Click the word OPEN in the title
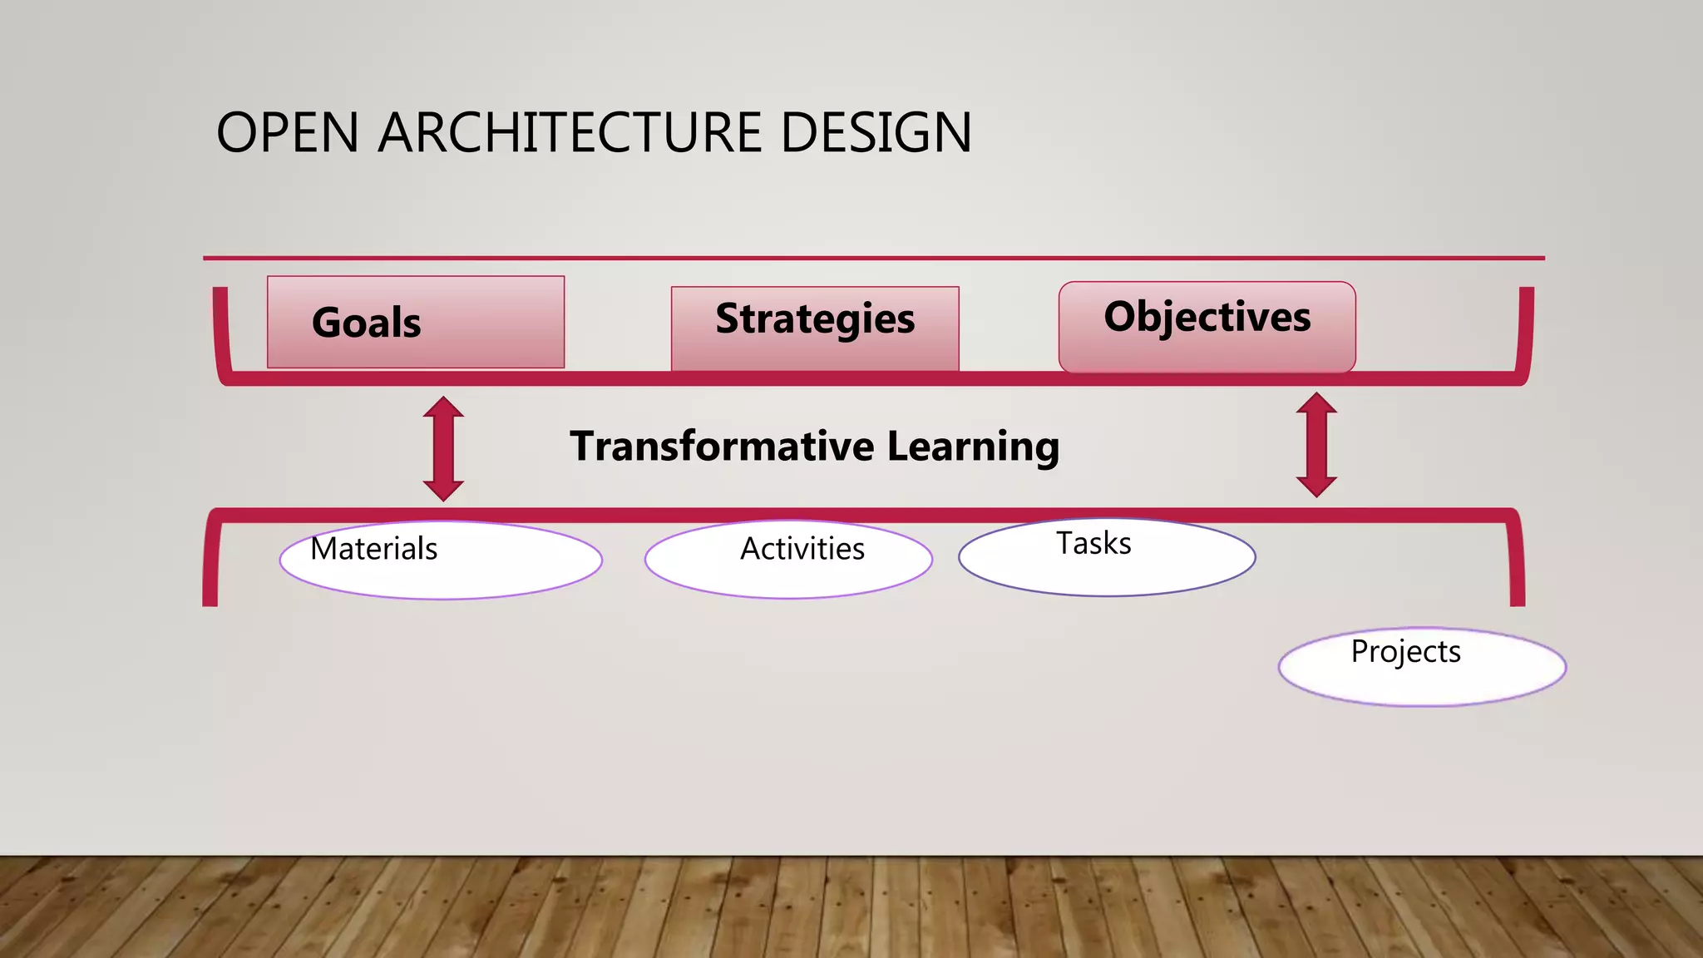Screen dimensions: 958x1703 (287, 133)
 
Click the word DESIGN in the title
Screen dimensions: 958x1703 (876, 133)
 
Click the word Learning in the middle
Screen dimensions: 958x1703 (973, 447)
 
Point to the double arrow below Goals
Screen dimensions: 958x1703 (443, 448)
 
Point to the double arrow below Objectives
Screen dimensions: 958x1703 (1316, 445)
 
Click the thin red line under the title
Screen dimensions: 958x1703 (873, 259)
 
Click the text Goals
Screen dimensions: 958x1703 (366, 323)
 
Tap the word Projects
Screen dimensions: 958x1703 (1405, 651)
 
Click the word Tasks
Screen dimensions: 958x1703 (1093, 543)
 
